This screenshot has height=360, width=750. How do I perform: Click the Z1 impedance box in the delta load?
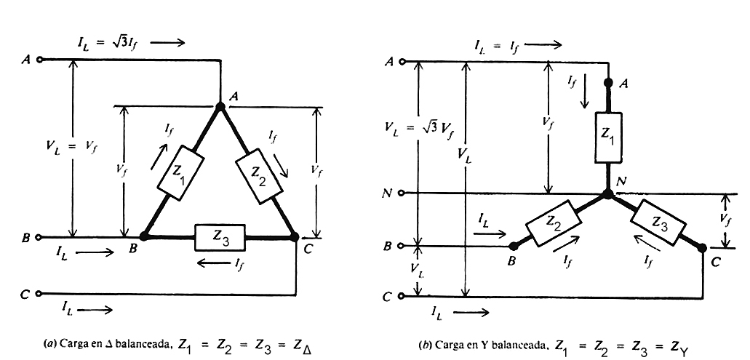[180, 172]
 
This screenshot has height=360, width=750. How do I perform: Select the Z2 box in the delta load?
[260, 177]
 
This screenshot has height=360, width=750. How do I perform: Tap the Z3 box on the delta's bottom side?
[220, 238]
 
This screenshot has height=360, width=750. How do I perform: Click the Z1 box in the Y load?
[608, 137]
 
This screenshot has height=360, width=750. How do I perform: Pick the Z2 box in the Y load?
[553, 223]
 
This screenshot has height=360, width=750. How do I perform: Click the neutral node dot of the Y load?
[607, 194]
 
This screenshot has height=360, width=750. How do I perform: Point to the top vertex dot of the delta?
[220, 106]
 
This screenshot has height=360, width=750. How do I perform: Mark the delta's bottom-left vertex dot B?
[144, 236]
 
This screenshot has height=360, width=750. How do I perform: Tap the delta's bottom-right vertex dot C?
[295, 236]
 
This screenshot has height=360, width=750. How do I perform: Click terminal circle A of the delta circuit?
[39, 60]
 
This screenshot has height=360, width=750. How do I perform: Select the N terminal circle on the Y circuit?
[402, 193]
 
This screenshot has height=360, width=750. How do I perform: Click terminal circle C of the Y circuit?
[402, 297]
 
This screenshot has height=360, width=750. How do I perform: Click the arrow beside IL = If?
[543, 45]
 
